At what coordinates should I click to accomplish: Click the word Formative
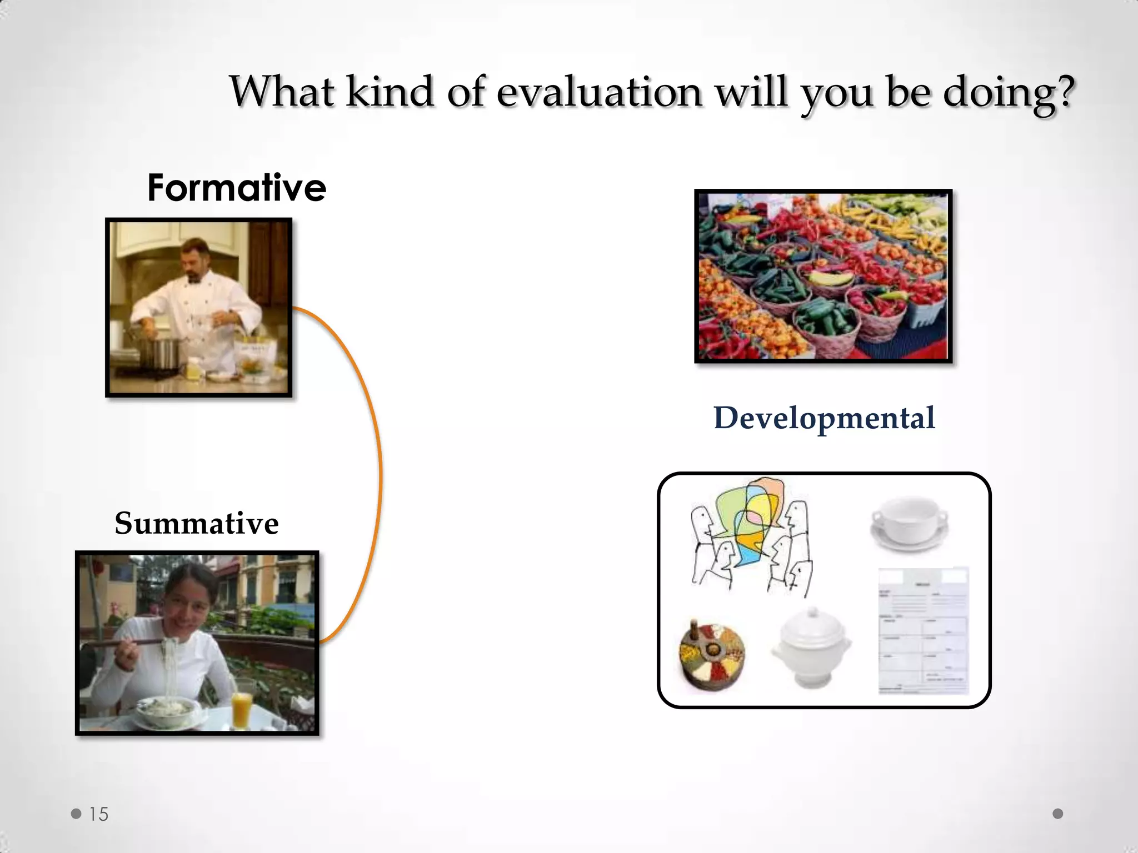tap(237, 188)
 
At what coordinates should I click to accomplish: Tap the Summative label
tap(197, 523)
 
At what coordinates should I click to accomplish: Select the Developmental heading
tap(824, 418)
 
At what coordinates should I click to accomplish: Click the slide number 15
tap(99, 814)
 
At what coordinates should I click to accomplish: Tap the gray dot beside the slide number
tap(76, 814)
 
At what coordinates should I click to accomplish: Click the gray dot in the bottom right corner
tap(1058, 814)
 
